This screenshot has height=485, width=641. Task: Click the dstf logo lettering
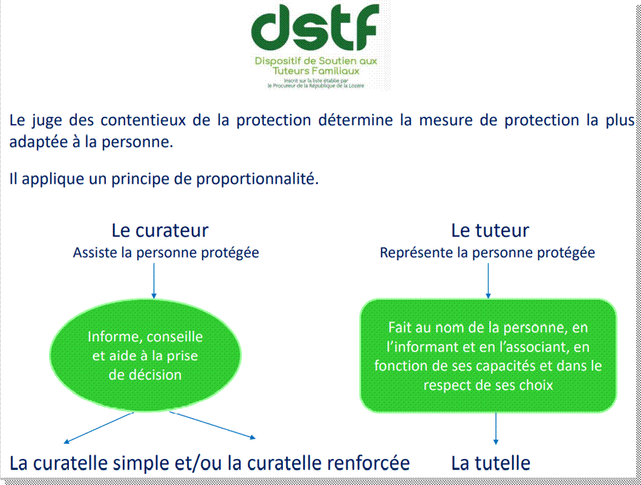315,28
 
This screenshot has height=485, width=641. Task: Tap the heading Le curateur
160,230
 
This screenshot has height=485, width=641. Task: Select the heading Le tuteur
490,230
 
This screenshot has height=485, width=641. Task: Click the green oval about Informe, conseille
146,356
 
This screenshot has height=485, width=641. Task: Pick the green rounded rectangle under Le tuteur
488,356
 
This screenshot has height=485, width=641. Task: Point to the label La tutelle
490,463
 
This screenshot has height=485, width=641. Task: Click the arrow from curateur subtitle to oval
154,281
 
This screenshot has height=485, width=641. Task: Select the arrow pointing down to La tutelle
496,429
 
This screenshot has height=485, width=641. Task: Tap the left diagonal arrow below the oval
99,428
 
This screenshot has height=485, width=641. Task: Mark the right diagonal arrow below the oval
213,425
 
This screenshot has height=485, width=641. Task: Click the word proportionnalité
257,179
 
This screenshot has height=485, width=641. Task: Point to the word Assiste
96,253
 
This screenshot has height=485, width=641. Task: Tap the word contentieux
143,120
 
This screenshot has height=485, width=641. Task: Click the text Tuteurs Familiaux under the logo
316,71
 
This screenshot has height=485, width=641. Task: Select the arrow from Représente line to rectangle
488,281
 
